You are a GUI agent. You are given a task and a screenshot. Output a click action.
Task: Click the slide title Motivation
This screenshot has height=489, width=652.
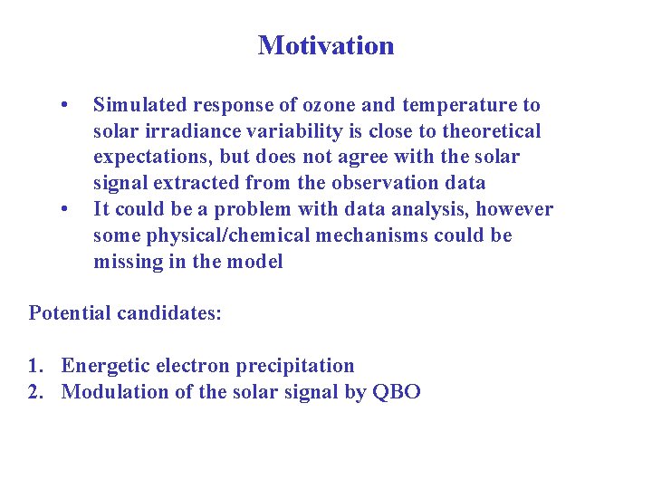coord(326,45)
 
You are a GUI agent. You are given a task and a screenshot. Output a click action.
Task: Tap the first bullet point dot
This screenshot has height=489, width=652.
coord(63,105)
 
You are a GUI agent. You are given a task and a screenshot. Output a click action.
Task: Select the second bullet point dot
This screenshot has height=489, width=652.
coord(63,209)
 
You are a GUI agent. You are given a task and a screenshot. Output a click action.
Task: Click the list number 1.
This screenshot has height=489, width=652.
coord(34,366)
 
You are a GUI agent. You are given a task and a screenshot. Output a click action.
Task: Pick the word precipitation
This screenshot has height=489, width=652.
coord(295,367)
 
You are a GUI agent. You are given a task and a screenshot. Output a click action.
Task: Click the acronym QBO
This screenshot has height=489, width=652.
coord(397,392)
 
